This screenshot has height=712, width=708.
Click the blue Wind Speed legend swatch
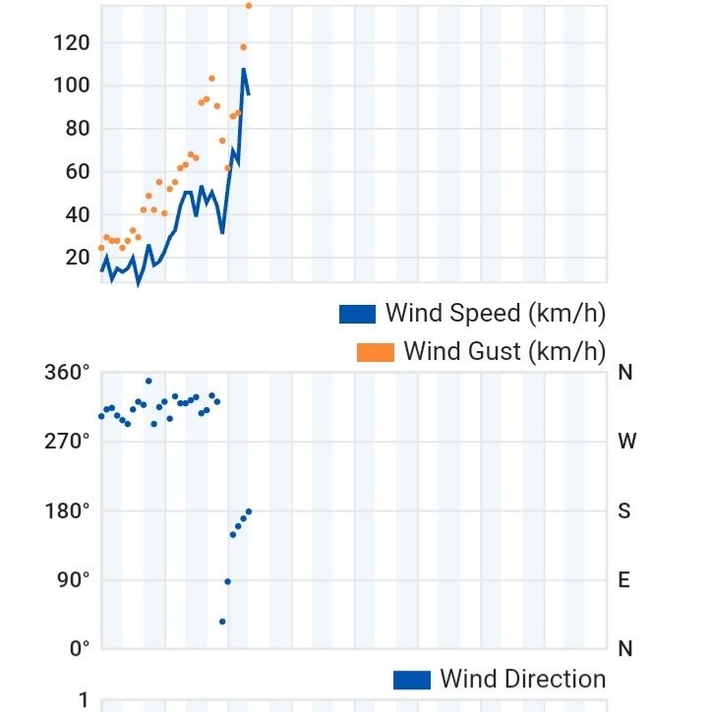(x=357, y=315)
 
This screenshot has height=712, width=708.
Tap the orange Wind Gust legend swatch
(x=375, y=352)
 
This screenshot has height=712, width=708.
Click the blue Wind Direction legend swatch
(x=411, y=680)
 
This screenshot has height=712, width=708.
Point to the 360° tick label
(x=67, y=373)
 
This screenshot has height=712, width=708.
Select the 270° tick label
(x=67, y=442)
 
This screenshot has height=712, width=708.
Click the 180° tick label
(x=67, y=510)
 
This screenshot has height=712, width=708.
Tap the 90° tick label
(x=72, y=579)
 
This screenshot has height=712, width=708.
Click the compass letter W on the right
(x=626, y=442)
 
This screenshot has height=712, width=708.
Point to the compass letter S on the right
(x=624, y=510)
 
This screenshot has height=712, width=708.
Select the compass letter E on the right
(x=623, y=579)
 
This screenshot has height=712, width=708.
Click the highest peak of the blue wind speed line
(x=243, y=70)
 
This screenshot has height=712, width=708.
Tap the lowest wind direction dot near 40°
(x=222, y=622)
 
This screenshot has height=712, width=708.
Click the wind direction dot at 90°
(x=227, y=581)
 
